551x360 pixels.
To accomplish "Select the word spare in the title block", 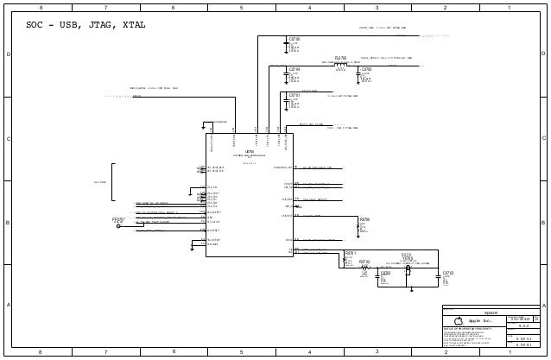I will (490, 313).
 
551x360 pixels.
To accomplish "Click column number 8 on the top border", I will (38, 8).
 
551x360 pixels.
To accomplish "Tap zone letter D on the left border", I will (9, 54).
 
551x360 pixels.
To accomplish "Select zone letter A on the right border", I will (543, 306).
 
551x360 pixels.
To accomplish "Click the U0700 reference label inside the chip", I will (250, 150).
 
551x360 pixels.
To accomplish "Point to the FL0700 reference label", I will (340, 58).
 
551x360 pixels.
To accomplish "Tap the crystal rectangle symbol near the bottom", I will (407, 270).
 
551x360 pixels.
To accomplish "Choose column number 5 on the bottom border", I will (241, 352).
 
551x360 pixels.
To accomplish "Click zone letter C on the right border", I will (543, 138).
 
